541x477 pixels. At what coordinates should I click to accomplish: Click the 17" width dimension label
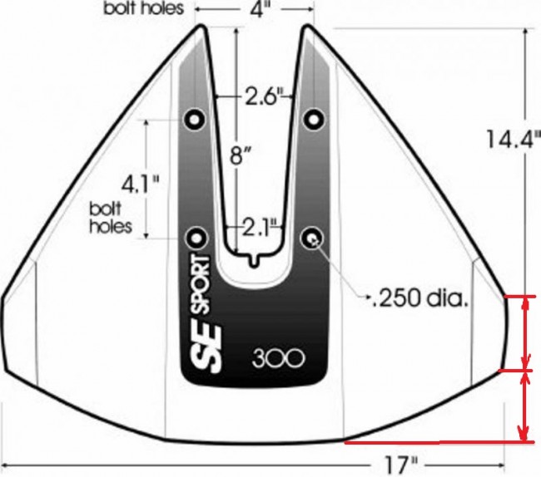click(x=400, y=465)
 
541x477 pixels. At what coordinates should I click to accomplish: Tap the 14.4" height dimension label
click(x=513, y=139)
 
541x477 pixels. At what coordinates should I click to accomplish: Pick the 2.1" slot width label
click(x=260, y=228)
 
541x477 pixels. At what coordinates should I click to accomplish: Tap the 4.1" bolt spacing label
click(x=141, y=184)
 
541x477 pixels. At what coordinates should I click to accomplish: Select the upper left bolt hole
click(x=195, y=119)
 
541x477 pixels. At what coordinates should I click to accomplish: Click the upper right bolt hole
click(x=313, y=120)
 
